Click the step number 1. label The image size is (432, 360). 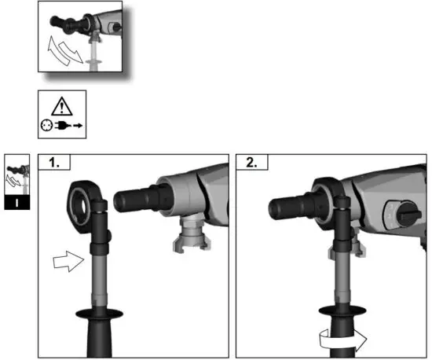56,163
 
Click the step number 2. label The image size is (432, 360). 252,163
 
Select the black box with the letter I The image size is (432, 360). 16,202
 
